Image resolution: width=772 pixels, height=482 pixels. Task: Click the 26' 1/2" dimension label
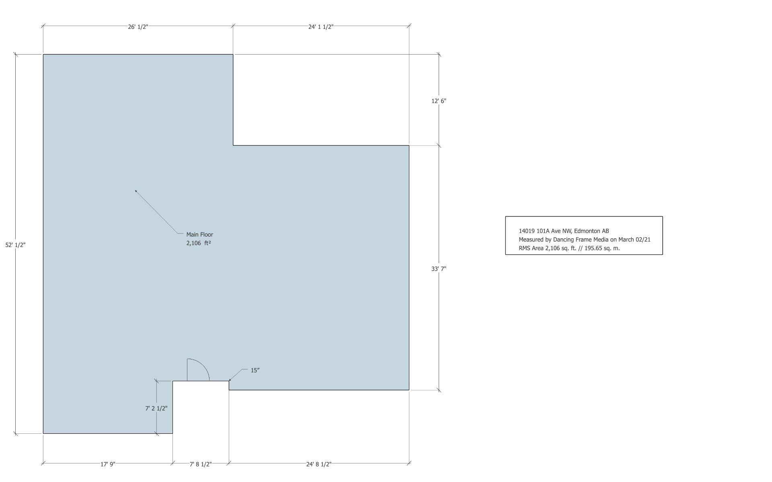coord(138,27)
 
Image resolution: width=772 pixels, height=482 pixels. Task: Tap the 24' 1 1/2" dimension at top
coord(321,27)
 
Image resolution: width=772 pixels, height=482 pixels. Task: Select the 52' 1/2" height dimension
coord(15,245)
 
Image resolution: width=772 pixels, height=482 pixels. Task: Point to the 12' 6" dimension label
coord(439,101)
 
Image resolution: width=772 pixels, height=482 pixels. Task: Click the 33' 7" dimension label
coord(439,269)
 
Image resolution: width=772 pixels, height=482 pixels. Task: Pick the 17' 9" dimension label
coord(108,464)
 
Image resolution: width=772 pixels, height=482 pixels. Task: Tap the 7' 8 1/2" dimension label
coord(201,464)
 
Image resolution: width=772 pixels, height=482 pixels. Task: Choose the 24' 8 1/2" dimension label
coord(319,464)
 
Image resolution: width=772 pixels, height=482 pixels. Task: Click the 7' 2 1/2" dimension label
coord(156,408)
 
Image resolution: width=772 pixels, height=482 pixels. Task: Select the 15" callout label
coord(255,370)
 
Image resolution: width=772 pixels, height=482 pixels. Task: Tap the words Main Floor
coord(199,235)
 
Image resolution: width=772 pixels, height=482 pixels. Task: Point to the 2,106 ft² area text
coord(199,243)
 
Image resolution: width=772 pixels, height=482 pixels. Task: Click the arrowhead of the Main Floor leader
coord(136,191)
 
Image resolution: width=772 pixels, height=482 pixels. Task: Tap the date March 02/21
coord(634,240)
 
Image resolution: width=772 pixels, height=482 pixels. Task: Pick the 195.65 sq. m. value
coord(602,248)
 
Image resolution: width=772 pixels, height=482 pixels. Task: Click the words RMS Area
coord(531,248)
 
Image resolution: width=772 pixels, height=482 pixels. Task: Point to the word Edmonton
coord(587,231)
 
